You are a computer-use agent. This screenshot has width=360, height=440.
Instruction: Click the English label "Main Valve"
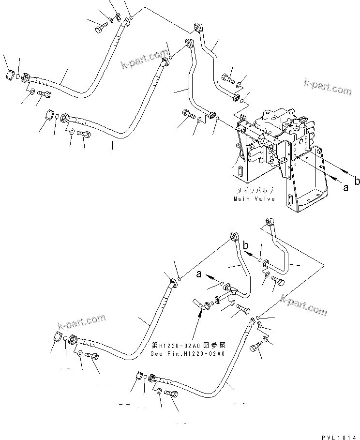254,199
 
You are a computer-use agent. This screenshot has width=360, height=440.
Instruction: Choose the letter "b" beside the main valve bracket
357,182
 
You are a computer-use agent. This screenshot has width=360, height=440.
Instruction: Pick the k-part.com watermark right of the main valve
328,88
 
